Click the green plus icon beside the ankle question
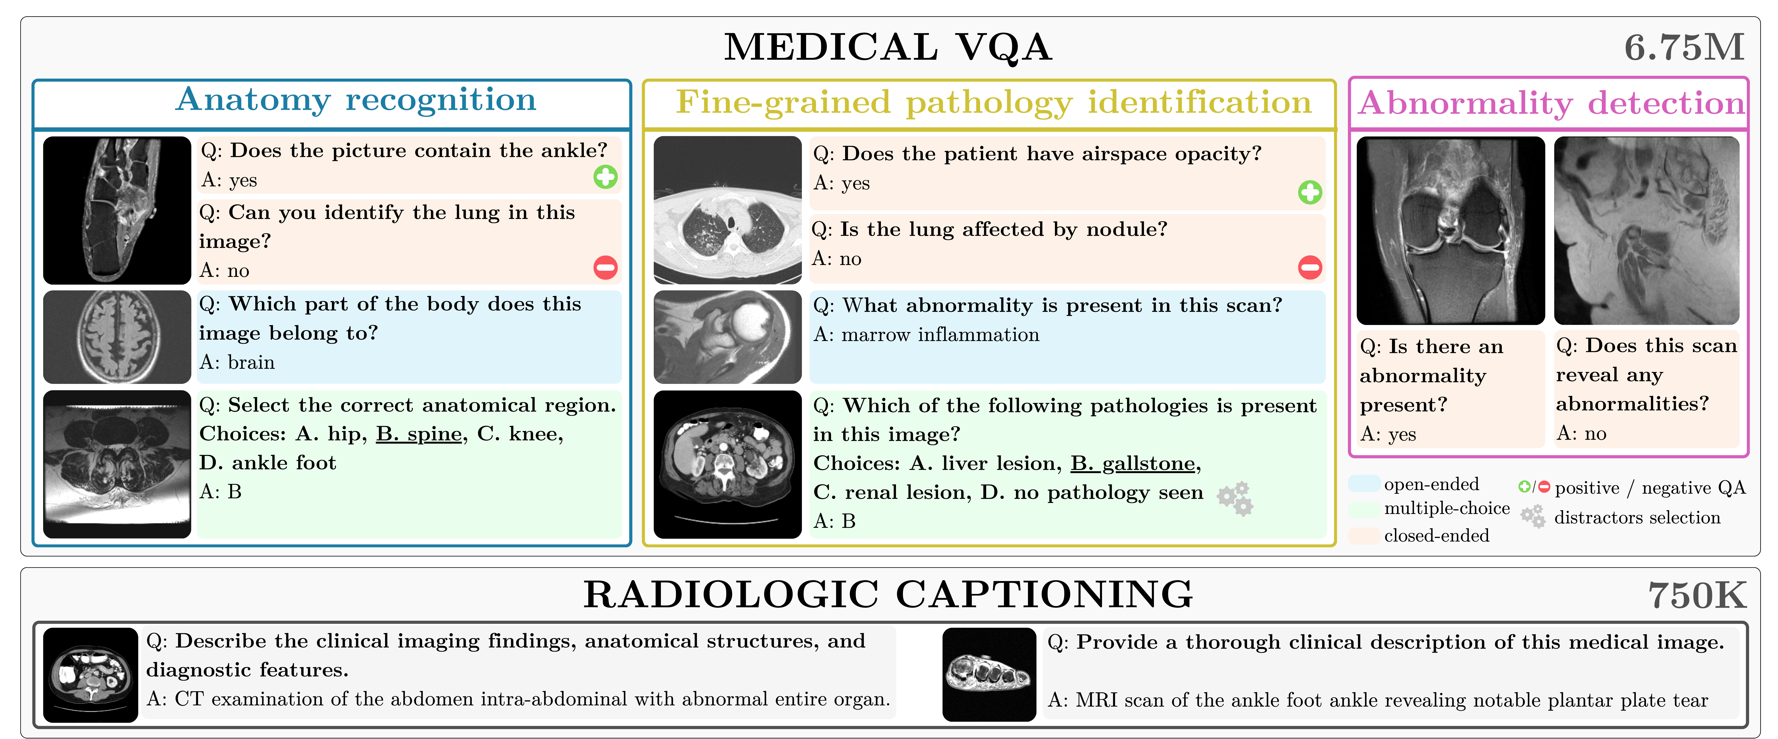point(605,178)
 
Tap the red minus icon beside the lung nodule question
point(1309,267)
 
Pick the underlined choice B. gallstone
point(1133,464)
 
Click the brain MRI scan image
point(117,337)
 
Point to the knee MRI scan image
point(1450,231)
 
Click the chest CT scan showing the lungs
point(728,210)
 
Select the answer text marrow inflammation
point(940,335)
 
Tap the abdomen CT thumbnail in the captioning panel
point(90,674)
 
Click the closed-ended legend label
point(1436,536)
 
